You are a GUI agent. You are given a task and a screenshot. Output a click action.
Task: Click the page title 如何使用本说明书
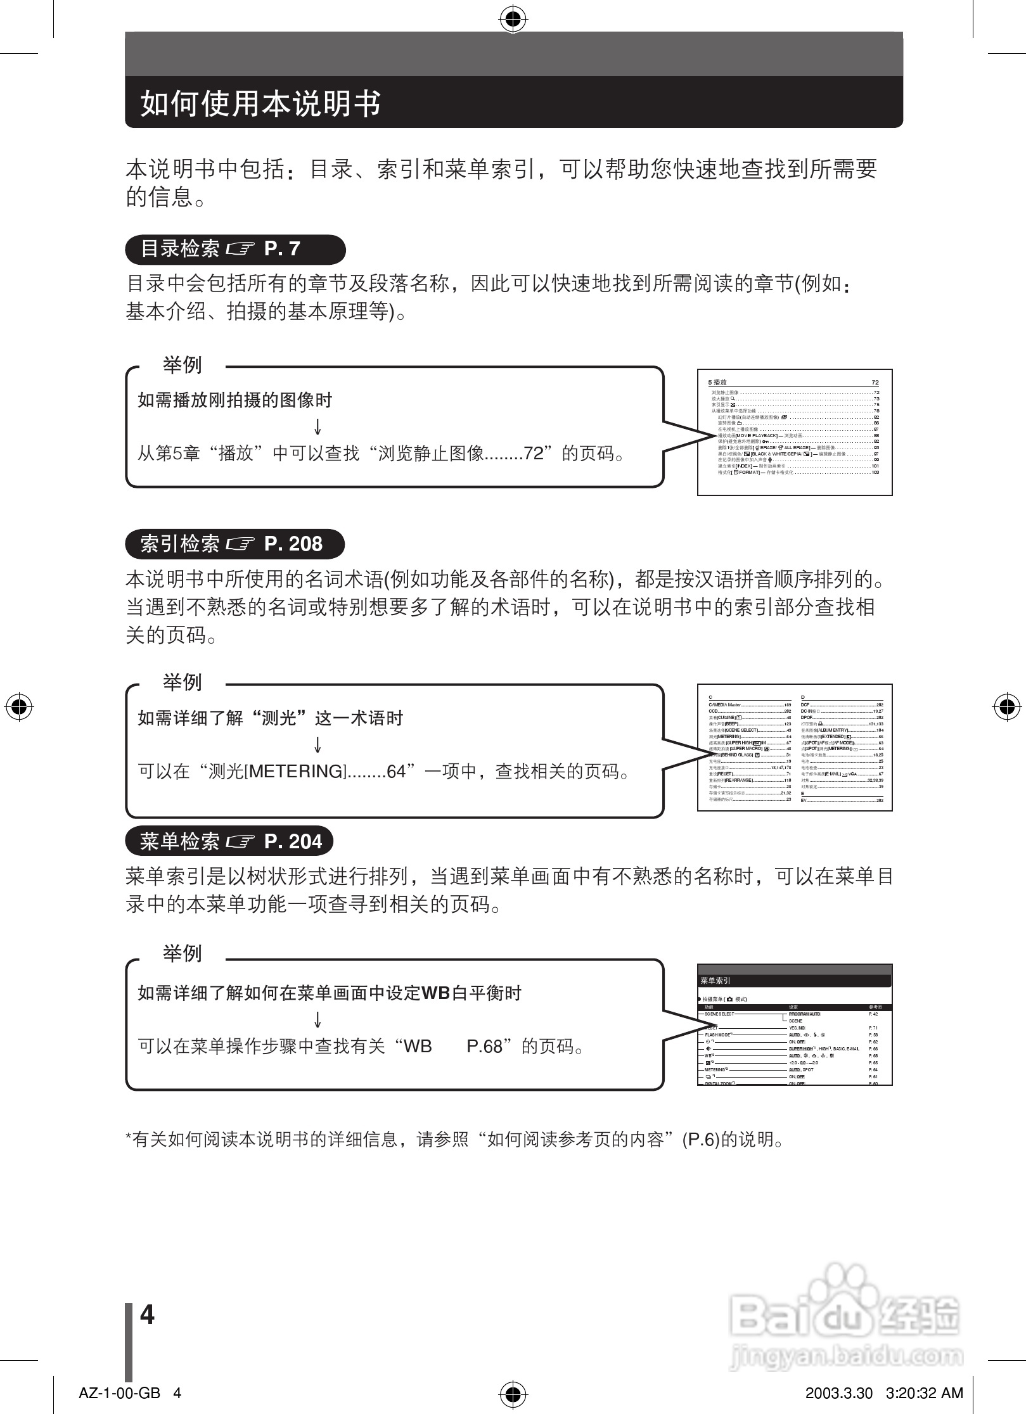click(260, 103)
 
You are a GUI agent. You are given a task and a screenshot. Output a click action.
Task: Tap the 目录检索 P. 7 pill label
click(234, 249)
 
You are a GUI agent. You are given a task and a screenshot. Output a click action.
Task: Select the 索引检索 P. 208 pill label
click(234, 544)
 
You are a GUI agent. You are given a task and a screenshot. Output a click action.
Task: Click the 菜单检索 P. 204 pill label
click(229, 841)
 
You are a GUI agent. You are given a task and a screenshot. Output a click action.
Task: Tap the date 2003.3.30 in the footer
click(838, 1392)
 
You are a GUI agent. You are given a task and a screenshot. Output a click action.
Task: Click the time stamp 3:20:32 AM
click(925, 1392)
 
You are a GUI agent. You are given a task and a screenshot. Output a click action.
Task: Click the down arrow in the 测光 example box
click(317, 744)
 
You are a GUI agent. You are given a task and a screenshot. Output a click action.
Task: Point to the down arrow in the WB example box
click(317, 1019)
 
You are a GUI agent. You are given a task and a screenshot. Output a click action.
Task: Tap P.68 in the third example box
click(484, 1047)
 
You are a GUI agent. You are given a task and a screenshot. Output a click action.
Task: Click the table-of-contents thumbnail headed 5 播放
click(795, 431)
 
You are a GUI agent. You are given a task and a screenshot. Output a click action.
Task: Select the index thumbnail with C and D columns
click(795, 747)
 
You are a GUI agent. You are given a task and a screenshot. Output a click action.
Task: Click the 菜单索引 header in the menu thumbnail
click(715, 981)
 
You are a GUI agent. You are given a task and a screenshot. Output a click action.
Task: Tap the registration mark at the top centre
click(513, 20)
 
